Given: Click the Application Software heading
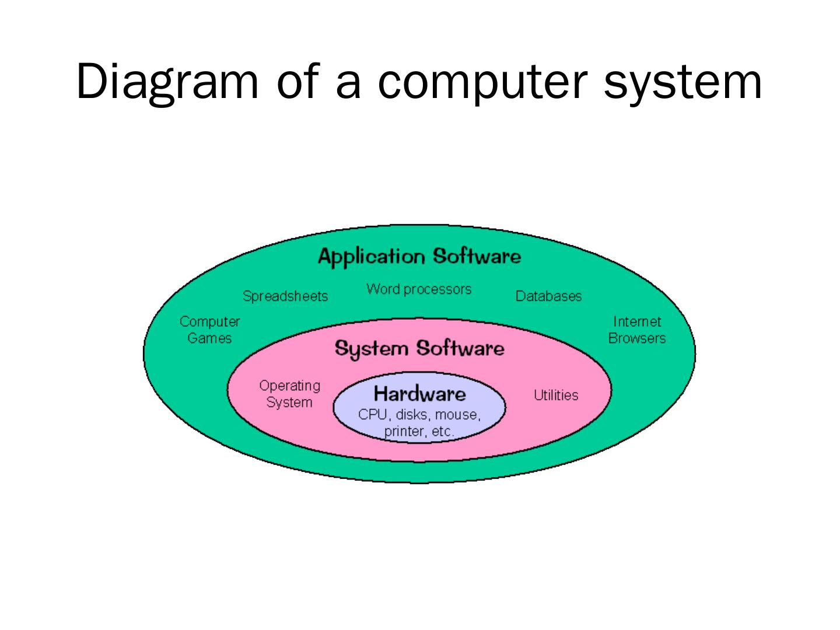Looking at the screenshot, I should pos(419,256).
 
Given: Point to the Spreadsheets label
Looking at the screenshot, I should pos(285,296).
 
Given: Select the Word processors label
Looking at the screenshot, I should pos(419,289).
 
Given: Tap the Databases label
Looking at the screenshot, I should pos(548,296).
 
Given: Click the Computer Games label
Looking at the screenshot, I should pos(209,330).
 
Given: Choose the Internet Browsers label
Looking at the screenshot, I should pos(637,330).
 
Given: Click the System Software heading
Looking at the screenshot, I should pos(419,349).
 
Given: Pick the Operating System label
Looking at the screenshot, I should pos(289,394).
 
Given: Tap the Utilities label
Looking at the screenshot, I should pos(556,395).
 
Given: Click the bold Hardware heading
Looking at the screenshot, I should pos(419,394).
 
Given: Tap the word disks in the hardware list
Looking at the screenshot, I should pos(411,415).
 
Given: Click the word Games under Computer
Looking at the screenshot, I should pos(209,338).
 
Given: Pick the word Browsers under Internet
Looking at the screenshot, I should pos(637,338).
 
